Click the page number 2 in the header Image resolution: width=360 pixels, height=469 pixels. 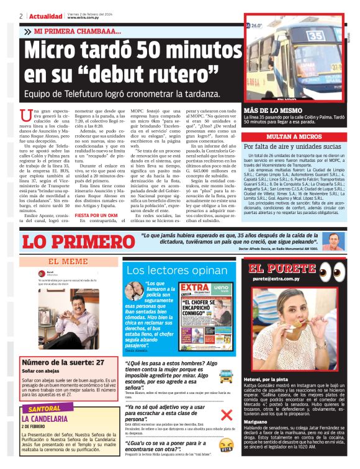pyautogui.click(x=20, y=16)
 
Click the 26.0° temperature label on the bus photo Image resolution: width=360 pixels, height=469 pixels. pyautogui.click(x=255, y=27)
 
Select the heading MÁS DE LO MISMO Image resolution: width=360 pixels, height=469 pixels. pyautogui.click(x=270, y=110)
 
